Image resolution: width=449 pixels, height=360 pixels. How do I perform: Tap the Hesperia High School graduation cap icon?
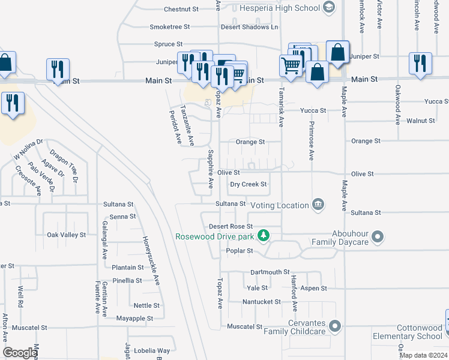tap(328, 8)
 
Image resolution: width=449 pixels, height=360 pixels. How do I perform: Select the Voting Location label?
tap(280, 205)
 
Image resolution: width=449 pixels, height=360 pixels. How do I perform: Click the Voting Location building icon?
tap(318, 205)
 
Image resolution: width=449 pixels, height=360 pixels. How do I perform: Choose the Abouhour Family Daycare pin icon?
tap(378, 236)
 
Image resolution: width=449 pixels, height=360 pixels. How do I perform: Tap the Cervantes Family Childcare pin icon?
tap(335, 326)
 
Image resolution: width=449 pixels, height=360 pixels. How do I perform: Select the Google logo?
tap(20, 353)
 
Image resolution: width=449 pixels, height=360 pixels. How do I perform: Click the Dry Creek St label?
tap(248, 184)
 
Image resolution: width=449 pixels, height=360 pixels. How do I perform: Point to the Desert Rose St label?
tap(231, 226)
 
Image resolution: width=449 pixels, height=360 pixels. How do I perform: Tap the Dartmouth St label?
tap(270, 272)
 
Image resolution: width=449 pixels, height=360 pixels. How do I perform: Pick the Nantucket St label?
tap(262, 302)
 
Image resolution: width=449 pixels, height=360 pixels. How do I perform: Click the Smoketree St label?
tap(169, 27)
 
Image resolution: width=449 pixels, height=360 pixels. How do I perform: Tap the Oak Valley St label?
tap(67, 235)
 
